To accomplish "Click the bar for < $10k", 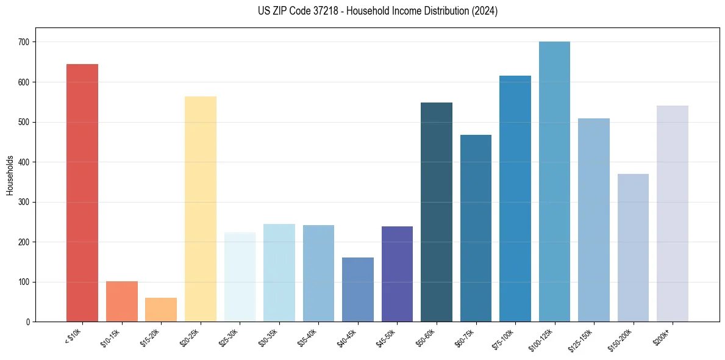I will tap(82, 193).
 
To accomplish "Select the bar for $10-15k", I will tap(121, 301).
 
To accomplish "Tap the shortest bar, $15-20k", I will tap(161, 309).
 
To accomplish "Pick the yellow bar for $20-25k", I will tap(200, 209).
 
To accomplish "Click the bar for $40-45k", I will tap(357, 289).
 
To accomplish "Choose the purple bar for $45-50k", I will tap(397, 274).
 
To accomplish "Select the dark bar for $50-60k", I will tap(436, 212).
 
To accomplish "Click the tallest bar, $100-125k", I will tap(554, 181).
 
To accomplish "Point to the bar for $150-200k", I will tap(633, 248).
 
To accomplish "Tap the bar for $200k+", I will tap(672, 214).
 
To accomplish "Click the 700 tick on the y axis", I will tap(26, 42).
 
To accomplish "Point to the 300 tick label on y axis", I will tap(26, 202).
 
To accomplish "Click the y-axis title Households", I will tap(10, 175).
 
